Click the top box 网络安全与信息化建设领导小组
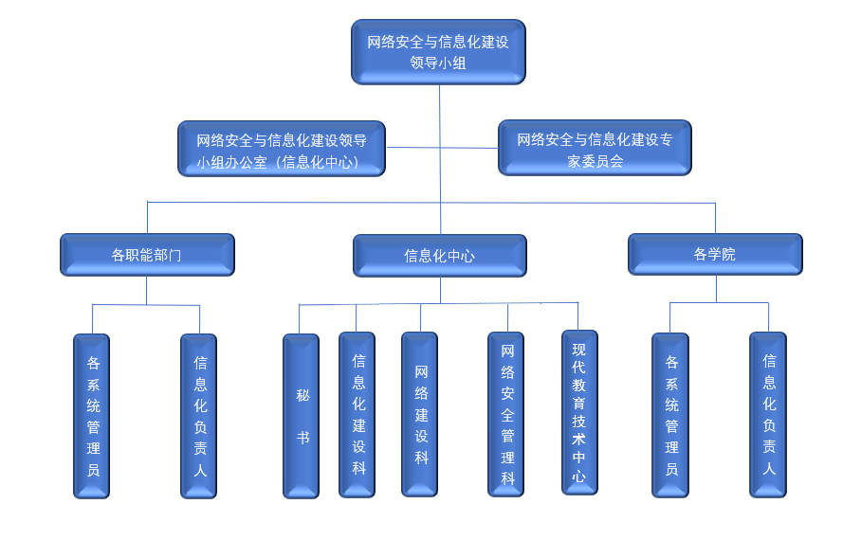tap(438, 52)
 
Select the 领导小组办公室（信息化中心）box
tap(282, 149)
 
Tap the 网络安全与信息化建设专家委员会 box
tap(595, 149)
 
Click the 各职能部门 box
tap(146, 255)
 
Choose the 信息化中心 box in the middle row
tap(439, 256)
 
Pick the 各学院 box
tap(715, 254)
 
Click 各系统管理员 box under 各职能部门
tap(92, 415)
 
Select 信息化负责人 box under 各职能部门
tap(199, 415)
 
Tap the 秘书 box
tap(301, 415)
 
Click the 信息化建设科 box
tap(357, 414)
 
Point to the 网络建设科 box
tap(420, 414)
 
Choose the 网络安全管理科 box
tap(506, 414)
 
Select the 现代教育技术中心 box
tap(579, 412)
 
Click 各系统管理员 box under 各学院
tap(670, 415)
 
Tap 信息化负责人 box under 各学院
tap(768, 414)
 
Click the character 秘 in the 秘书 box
tap(302, 395)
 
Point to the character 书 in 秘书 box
tap(302, 438)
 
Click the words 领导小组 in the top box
tap(438, 64)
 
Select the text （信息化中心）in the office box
tap(313, 162)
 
